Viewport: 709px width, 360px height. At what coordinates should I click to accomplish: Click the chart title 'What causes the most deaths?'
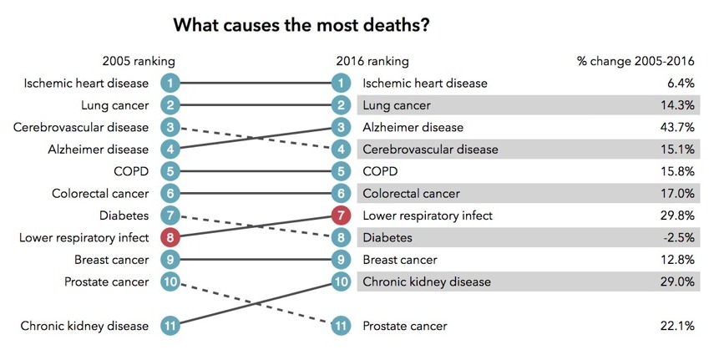coord(301,25)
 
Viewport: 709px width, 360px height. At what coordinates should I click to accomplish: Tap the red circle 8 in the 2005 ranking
coord(170,237)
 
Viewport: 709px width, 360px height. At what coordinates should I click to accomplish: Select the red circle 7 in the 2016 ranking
coord(341,215)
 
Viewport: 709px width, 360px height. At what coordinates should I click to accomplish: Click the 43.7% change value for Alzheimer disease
coord(677,127)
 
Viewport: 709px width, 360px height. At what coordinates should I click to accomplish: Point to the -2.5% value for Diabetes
coord(678,237)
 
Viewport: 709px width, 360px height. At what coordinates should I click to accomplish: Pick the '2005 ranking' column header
coord(139,61)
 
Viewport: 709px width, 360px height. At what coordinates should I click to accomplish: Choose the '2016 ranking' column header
coord(372,61)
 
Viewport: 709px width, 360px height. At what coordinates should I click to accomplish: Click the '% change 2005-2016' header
coord(636,61)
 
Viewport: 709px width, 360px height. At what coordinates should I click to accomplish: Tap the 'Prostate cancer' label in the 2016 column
coord(404,326)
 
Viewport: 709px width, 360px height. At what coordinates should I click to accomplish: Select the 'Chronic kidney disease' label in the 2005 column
coord(84,326)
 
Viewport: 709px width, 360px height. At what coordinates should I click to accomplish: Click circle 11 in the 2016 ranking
coord(341,326)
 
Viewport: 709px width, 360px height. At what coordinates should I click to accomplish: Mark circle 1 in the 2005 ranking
coord(170,83)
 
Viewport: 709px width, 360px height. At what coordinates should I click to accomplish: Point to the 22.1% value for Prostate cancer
coord(677,326)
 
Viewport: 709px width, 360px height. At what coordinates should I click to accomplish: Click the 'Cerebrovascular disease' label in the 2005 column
coord(81,127)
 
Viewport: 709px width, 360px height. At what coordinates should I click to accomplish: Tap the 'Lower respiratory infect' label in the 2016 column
coord(428,215)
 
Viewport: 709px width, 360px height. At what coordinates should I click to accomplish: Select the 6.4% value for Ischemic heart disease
coord(681,83)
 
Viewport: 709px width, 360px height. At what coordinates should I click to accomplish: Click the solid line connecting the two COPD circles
coord(255,171)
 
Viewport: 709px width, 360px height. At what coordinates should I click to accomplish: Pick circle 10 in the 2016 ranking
coord(341,281)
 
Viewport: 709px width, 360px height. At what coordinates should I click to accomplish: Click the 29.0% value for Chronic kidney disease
coord(677,281)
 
